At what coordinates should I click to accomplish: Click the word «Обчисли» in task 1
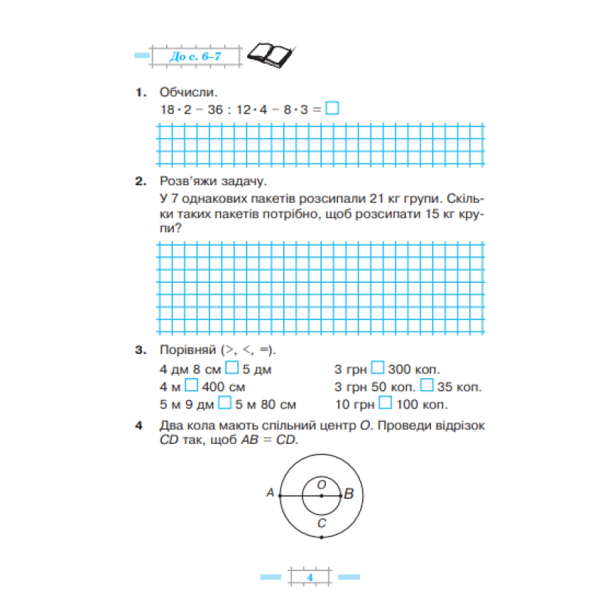[188, 92]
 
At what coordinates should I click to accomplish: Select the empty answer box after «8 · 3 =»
[331, 109]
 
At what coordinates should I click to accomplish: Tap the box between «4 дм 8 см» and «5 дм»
[233, 369]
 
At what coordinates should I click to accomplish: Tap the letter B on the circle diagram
[349, 495]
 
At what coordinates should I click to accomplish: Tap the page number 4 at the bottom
[310, 578]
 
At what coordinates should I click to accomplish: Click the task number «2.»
[140, 181]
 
